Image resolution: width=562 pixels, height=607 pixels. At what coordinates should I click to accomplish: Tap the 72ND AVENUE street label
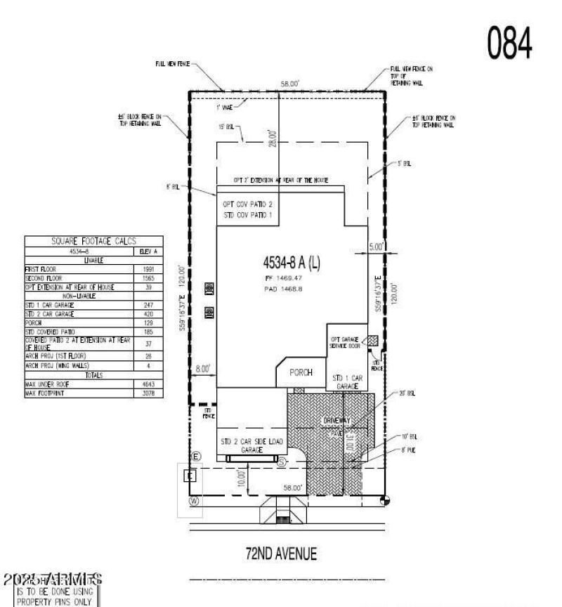tap(281, 554)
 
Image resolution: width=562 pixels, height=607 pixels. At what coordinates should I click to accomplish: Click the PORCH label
tap(301, 372)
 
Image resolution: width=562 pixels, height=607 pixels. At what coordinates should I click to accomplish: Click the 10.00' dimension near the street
tap(242, 478)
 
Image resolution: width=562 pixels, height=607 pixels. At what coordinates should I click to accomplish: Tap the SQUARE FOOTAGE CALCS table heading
tap(94, 241)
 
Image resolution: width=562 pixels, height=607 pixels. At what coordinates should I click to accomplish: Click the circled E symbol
tap(196, 457)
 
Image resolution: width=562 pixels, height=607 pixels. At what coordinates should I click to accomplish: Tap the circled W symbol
tap(195, 500)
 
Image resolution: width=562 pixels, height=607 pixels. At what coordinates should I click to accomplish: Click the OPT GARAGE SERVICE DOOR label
tap(346, 343)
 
